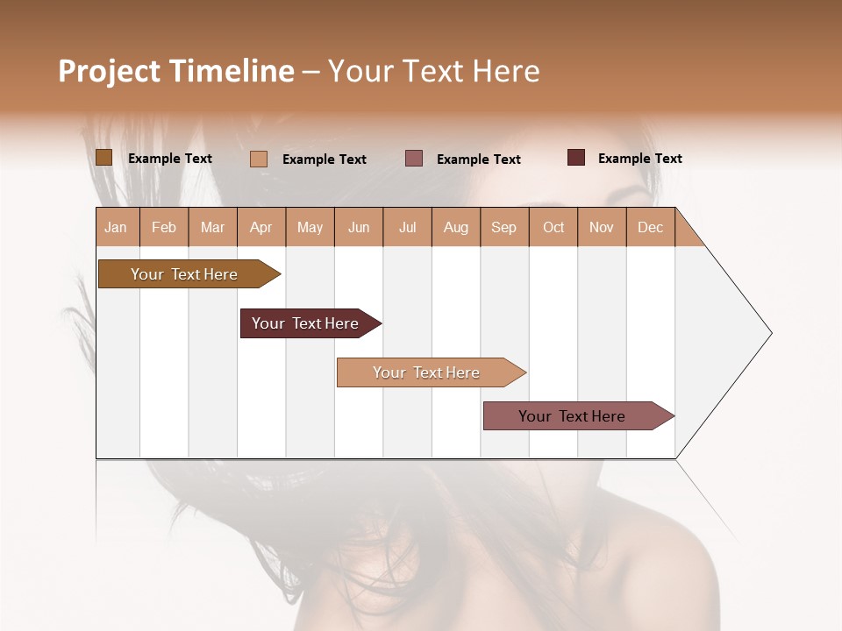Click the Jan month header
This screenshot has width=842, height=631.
pos(117,228)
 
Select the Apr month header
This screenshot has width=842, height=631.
pos(261,228)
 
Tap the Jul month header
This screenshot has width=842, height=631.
pos(407,228)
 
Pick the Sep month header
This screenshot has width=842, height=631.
pos(504,228)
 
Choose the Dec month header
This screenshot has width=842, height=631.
pos(650,228)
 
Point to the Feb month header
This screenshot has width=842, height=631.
pos(164,228)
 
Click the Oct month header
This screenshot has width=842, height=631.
pos(553,228)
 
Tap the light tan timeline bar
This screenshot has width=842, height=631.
pos(427,372)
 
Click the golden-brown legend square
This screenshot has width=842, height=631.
pos(103,158)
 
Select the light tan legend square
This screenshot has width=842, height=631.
pos(259,159)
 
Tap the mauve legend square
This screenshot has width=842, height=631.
pos(414,159)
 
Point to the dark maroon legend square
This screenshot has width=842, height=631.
pos(576,158)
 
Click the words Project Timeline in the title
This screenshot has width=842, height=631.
pos(175,71)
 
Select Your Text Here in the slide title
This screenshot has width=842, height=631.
pos(433,71)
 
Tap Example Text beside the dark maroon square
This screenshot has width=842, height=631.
pos(639,159)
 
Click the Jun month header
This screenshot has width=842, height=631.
pos(359,228)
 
